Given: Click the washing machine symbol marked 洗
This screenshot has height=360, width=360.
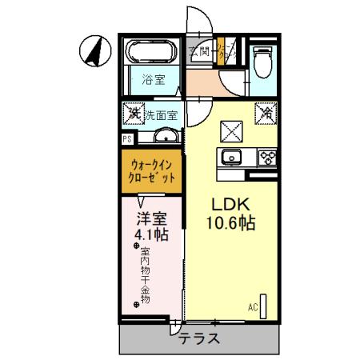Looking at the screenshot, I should coord(134,114).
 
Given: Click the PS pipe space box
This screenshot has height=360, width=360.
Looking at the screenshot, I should coord(126,138).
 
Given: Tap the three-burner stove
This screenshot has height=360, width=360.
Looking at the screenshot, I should coord(266,156).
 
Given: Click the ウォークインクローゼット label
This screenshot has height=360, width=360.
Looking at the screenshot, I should coord(153,173).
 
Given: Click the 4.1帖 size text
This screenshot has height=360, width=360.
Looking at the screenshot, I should coord(150,235).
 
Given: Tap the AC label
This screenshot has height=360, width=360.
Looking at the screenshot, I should coord(252,307).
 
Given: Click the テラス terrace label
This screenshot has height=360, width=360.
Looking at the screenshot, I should coord(199,338).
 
